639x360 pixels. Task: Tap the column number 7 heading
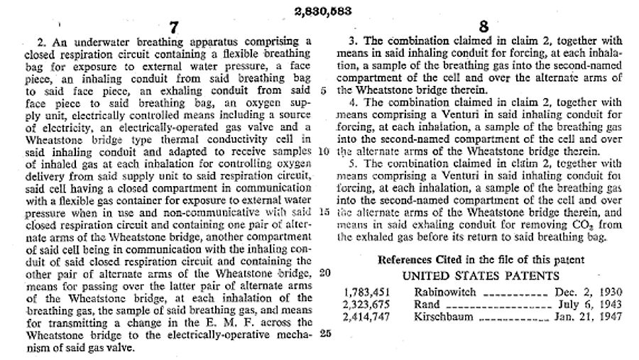(x=174, y=27)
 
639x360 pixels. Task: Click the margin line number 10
(x=323, y=151)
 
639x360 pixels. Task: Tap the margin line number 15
(x=323, y=212)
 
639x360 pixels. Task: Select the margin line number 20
(x=323, y=273)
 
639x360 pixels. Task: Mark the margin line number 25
(x=323, y=333)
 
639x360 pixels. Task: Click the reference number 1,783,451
(x=365, y=293)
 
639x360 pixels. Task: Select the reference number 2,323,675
(x=365, y=305)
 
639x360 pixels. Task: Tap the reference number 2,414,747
(x=365, y=317)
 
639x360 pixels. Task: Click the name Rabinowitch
(x=443, y=293)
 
